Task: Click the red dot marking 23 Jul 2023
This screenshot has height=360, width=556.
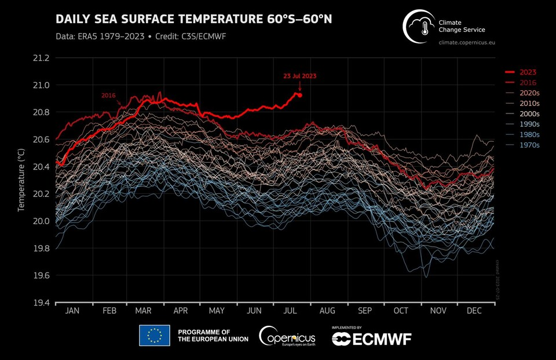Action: point(300,95)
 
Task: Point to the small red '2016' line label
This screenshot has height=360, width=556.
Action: point(109,95)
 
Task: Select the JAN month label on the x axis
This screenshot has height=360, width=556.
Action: point(72,311)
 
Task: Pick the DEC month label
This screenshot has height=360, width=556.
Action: point(474,311)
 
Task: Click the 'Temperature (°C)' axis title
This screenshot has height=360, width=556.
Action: point(21,179)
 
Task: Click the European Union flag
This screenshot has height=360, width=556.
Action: point(154,335)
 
